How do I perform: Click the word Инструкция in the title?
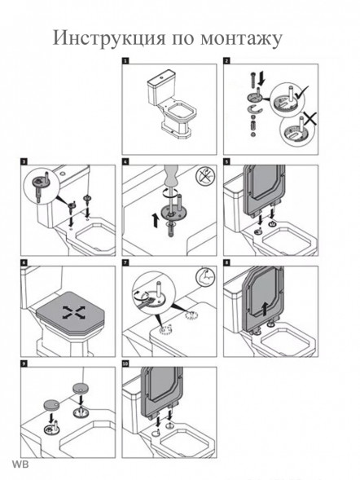coord(108,38)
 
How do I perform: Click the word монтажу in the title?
coord(241,39)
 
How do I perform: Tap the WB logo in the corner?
coord(20,464)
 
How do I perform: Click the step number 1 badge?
coord(125,61)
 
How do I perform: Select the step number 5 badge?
coord(226,161)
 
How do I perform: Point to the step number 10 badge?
coord(125,363)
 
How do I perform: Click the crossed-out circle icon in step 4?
coord(204,176)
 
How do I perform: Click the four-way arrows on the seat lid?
coord(74,312)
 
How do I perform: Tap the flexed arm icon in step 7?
coord(204,276)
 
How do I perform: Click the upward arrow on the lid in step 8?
coord(266,308)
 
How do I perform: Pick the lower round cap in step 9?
coord(51,405)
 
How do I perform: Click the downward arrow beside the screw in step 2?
coord(261,80)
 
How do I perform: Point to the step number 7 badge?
coord(125,262)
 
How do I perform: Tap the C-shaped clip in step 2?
coord(254,109)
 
